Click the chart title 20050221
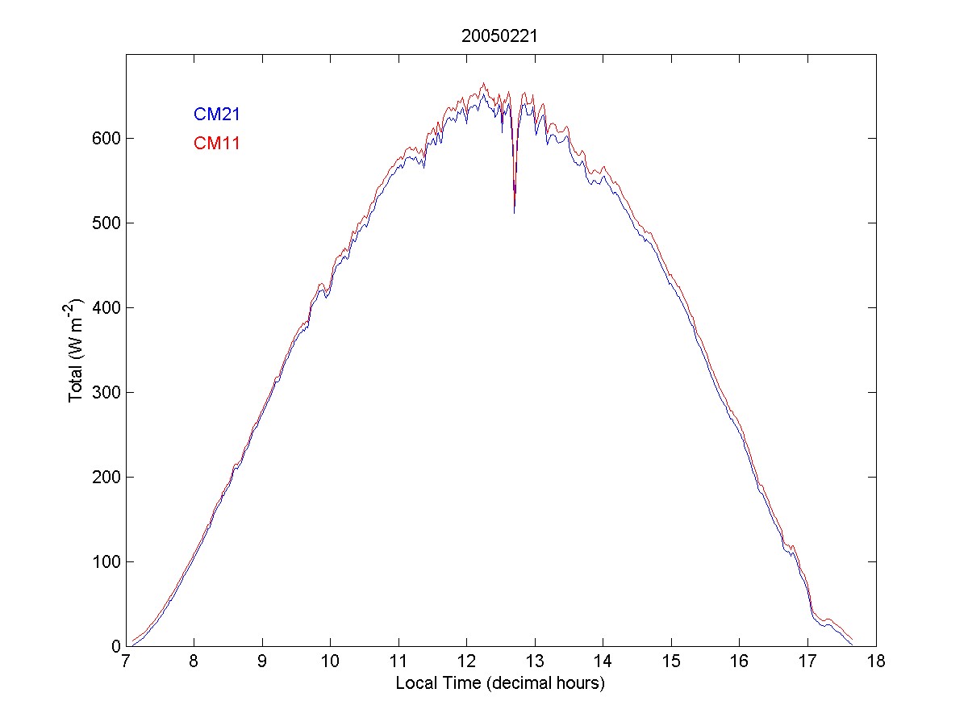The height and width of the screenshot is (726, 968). tap(500, 36)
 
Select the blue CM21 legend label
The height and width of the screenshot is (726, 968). tap(216, 115)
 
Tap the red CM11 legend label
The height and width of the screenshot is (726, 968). tap(216, 144)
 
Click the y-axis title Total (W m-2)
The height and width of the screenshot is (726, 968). tap(77, 351)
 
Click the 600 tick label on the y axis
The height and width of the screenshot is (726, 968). tap(106, 138)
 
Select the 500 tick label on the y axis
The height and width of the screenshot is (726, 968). tap(106, 223)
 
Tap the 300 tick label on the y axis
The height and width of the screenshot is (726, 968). tap(106, 392)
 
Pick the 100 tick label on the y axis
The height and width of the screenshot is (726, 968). tap(106, 561)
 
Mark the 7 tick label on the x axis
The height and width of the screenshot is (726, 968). tap(126, 662)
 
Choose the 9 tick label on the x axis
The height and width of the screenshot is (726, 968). tap(262, 662)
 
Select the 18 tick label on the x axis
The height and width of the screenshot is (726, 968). tap(875, 662)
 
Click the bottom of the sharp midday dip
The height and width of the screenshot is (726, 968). tap(515, 211)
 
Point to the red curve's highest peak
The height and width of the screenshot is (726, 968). tap(483, 83)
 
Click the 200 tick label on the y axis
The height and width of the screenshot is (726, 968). tap(106, 477)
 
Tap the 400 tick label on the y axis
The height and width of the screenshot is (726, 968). tap(106, 307)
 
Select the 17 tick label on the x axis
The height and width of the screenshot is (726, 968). tap(807, 662)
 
